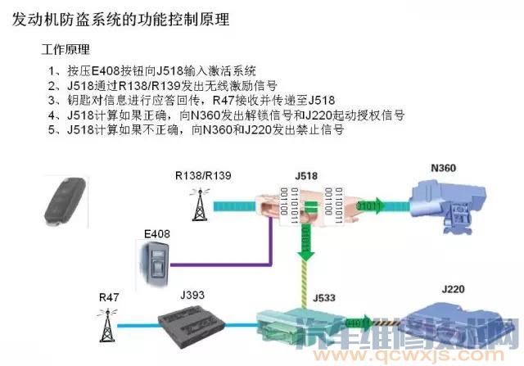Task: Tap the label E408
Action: (156, 234)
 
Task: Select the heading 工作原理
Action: (66, 48)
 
